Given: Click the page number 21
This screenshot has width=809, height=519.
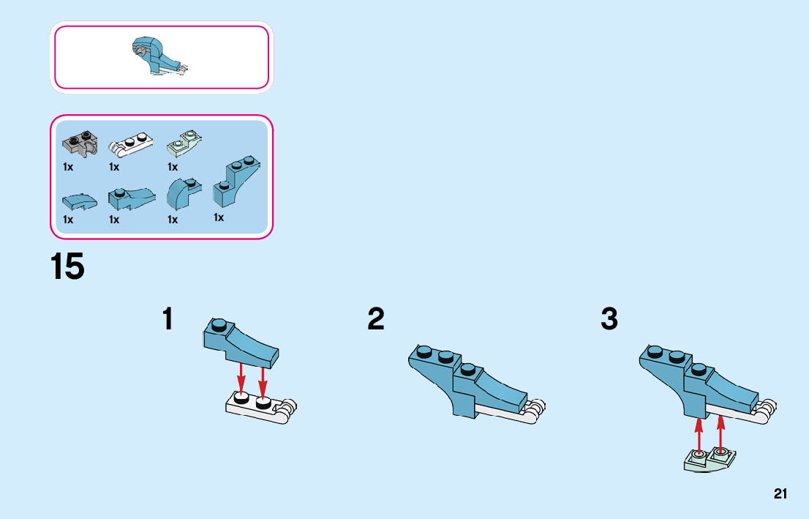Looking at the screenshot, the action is pos(780,493).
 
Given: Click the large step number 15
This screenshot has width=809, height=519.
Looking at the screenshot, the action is pos(67,267).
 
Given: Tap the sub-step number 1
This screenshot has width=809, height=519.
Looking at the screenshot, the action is pos(168,318).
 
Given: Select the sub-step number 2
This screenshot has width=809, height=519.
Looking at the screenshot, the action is pos(376,318).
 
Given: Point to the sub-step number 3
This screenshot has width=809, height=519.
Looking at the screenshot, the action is pos(609,318).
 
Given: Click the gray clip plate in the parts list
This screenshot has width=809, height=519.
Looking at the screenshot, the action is pos(80,143).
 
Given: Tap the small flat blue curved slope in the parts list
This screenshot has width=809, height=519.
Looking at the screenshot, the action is pos(80,202).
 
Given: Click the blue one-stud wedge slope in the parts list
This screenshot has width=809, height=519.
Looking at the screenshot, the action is pos(132,198).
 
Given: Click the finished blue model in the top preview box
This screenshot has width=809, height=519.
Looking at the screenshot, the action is pos(159,56).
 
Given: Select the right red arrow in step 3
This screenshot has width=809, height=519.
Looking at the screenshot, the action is pos(720,432).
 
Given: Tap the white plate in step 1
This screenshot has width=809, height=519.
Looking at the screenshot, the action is pos(261,408).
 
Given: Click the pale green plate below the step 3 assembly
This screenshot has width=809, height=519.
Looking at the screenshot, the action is pos(710,460).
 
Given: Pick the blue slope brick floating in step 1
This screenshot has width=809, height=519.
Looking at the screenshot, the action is pos(241,342).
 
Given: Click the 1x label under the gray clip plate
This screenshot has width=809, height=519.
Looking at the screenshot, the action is pos(68,167).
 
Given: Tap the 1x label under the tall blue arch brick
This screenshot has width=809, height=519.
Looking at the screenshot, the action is pos(219,217).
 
